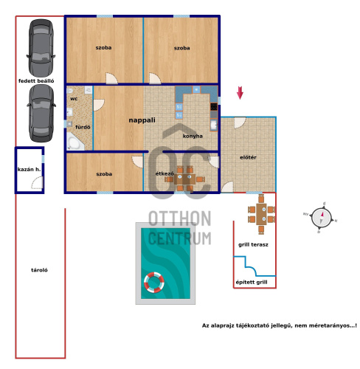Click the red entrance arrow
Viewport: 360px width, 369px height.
coord(240,93)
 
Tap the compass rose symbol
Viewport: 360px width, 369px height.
coord(321,218)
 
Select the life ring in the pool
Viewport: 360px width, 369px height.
coord(154,283)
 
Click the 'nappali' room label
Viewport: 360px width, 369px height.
coord(142,120)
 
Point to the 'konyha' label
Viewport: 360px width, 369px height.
coord(193,136)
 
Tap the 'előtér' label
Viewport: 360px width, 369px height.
coord(248,157)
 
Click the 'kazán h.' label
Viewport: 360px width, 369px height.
coord(29,169)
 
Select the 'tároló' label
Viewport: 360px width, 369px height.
coord(39,270)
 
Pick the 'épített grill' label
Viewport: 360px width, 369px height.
coord(252,282)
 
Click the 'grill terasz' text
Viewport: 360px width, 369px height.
coord(253,244)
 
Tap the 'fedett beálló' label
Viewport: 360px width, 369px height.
coord(36,80)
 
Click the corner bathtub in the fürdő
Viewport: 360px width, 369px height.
coord(75,141)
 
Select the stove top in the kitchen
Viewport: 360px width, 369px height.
coord(214,107)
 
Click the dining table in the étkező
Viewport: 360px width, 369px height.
coord(185,179)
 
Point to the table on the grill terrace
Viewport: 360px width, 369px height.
coord(261,214)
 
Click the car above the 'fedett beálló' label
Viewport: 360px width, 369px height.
coord(41,47)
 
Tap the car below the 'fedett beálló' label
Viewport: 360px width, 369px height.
coord(41,114)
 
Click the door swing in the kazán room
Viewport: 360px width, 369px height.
coord(37,182)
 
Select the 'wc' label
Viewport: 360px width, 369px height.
coord(74,99)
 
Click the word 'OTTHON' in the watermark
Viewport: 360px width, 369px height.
coord(180,218)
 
